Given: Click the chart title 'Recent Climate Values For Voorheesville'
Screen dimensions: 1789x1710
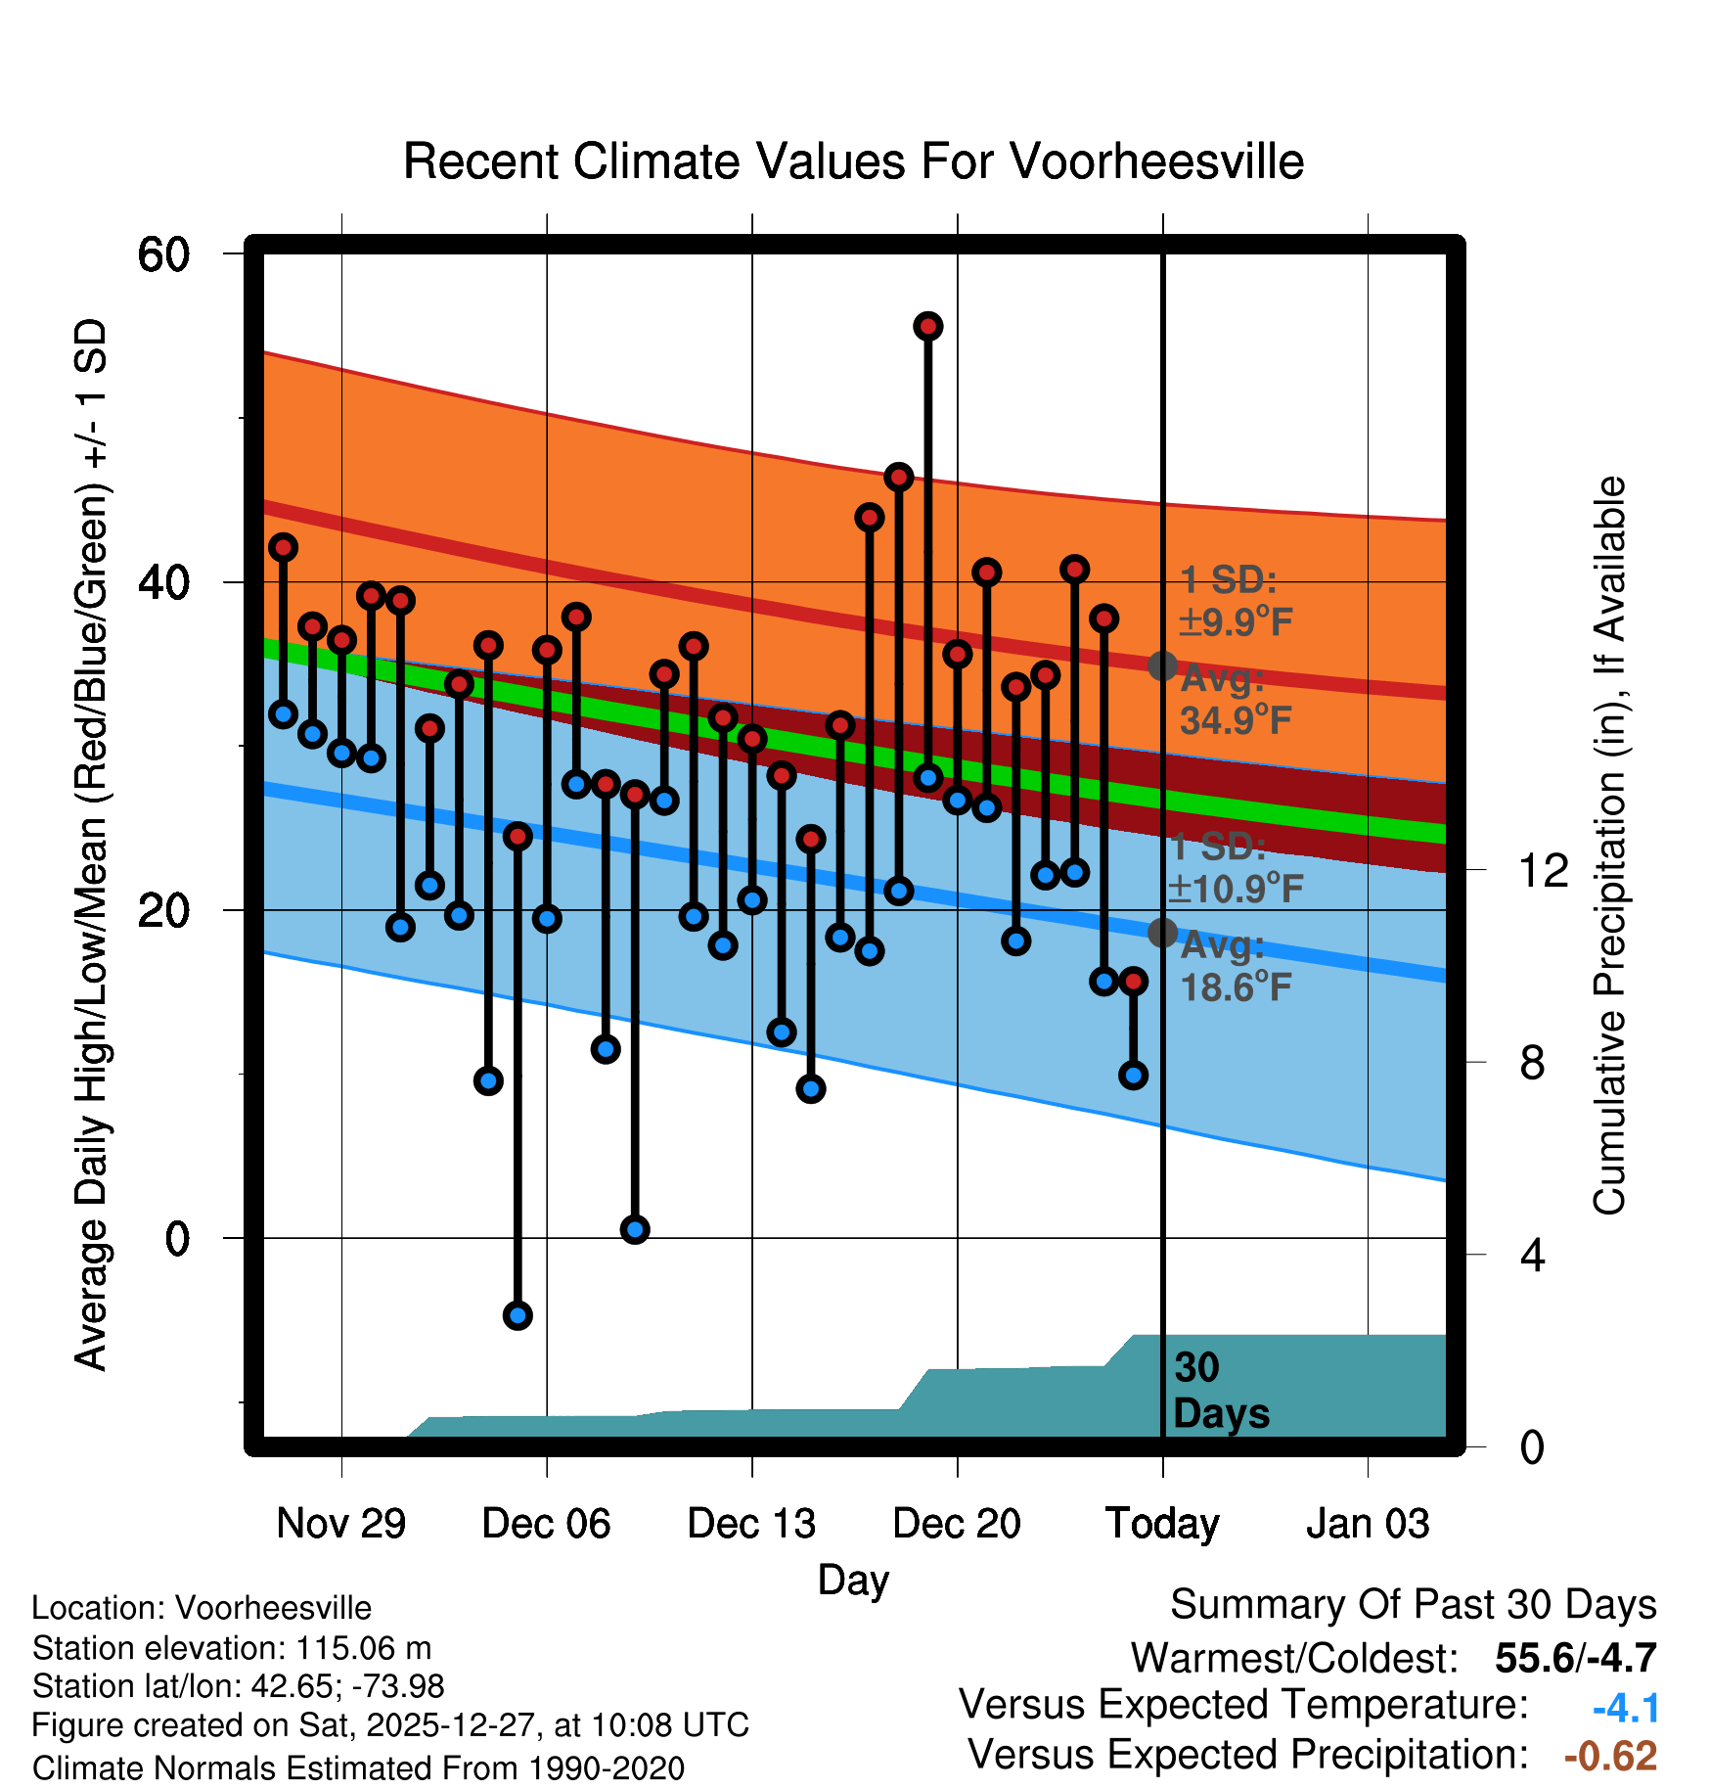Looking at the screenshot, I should coord(853,161).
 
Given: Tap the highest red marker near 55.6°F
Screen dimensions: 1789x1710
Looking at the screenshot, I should coord(927,326).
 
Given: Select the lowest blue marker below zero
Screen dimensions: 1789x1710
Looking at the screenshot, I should coord(517,1314).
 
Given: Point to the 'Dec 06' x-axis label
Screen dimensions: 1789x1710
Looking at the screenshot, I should coord(546,1523).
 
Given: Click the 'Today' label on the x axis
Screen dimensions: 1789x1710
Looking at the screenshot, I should coord(1162,1523).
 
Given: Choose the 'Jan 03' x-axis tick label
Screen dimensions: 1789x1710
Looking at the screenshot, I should coord(1368,1523).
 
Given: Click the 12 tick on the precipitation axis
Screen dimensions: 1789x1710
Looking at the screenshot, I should coord(1543,869).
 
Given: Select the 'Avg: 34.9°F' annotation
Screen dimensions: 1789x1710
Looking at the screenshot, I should coord(1235,700).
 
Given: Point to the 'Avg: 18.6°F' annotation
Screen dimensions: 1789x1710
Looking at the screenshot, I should coord(1235,967).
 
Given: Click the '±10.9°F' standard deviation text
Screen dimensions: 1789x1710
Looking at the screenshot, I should coord(1235,889).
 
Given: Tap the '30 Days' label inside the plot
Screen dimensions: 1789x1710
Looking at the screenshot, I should coord(1221,1391).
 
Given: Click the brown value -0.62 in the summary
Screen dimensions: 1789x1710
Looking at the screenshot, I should coord(1610,1756).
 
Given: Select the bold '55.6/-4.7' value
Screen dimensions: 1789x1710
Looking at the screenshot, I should coord(1575,1658).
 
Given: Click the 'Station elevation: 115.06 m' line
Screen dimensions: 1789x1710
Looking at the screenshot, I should coord(232,1648).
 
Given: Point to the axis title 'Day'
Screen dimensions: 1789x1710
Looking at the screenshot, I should coord(853,1580).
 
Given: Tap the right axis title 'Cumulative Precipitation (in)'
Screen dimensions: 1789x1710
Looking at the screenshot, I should coord(1609,846).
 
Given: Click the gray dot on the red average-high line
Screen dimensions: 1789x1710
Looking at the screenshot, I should coord(1162,665).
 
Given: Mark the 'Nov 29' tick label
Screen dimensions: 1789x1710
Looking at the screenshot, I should coord(340,1523).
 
